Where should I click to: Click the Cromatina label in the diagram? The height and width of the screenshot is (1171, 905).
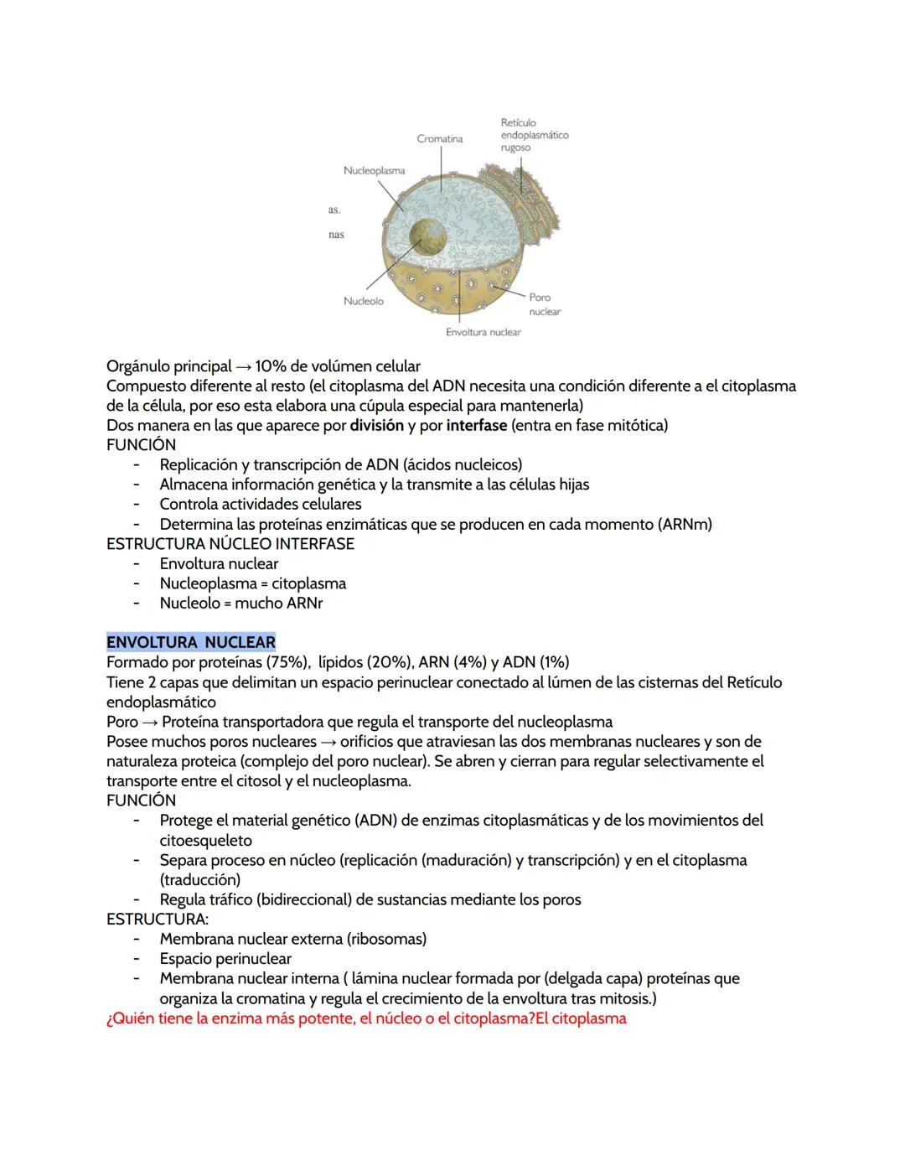click(439, 139)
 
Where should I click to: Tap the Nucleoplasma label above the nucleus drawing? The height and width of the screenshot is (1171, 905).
click(374, 171)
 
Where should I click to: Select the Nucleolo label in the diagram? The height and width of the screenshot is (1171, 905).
click(363, 302)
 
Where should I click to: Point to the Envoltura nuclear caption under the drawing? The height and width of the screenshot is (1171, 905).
click(483, 333)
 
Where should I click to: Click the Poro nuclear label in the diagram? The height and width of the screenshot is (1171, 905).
click(544, 304)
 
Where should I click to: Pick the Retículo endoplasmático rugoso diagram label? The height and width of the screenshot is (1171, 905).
click(534, 135)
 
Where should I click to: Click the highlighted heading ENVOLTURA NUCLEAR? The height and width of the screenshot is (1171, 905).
click(191, 643)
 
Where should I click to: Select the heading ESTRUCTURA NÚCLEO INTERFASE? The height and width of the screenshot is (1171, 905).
click(230, 544)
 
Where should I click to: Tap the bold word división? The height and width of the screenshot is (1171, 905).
click(376, 426)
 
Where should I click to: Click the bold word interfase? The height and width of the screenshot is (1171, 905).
click(476, 426)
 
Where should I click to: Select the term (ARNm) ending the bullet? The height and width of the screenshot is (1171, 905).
click(685, 525)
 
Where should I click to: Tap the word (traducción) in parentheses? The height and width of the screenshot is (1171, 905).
click(199, 880)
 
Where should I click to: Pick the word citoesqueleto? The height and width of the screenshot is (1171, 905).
click(205, 841)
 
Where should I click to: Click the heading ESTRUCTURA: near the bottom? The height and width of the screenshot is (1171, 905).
click(158, 920)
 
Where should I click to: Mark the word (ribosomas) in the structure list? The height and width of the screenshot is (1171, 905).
click(386, 940)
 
